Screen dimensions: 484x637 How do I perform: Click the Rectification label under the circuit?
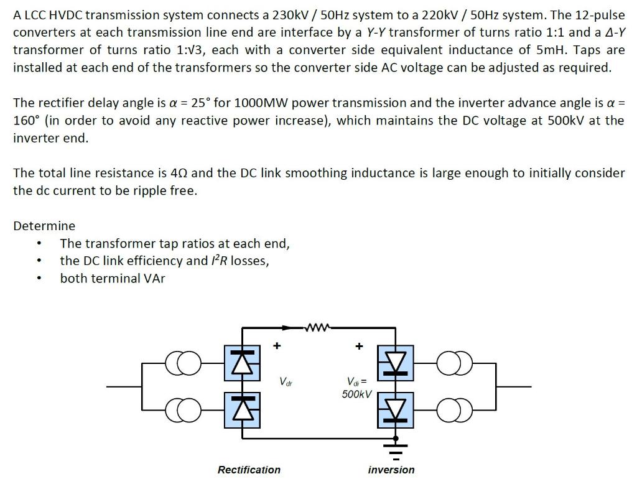click(x=249, y=470)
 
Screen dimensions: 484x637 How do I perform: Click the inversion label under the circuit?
click(x=391, y=470)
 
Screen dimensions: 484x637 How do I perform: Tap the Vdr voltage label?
click(x=286, y=381)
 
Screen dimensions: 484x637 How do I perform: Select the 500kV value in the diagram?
click(x=356, y=394)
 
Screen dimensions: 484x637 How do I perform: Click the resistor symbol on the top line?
click(x=318, y=325)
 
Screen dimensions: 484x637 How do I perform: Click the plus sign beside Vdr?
click(x=277, y=345)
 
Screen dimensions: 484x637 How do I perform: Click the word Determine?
click(x=44, y=226)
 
